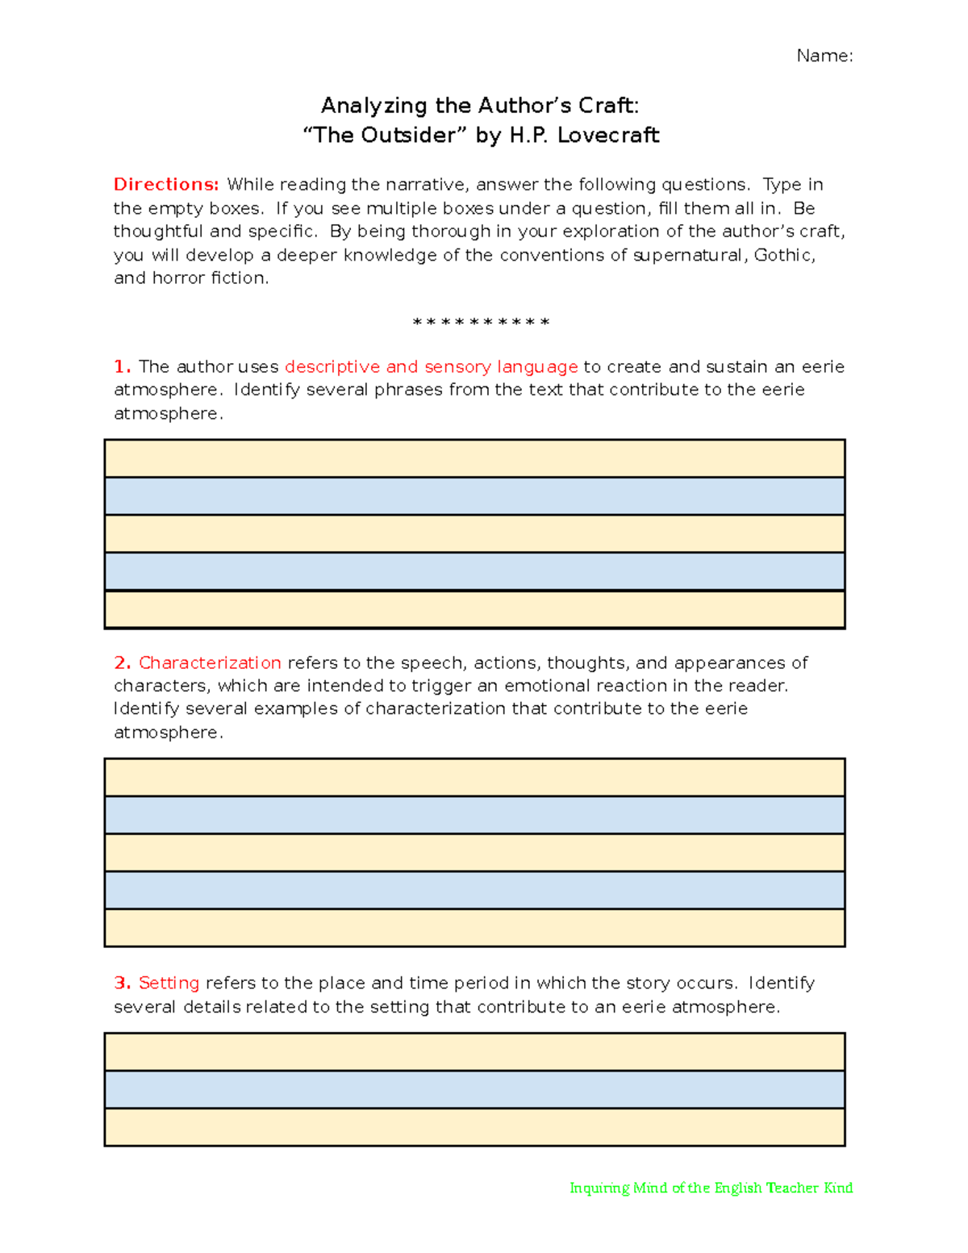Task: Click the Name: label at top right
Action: (x=824, y=56)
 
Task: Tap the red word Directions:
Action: (x=166, y=185)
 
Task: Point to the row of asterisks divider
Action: (x=481, y=323)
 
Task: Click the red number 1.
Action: (x=122, y=366)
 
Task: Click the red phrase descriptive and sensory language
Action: (x=431, y=366)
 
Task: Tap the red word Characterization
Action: (x=210, y=662)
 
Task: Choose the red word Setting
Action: (x=169, y=983)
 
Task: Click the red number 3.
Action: (x=122, y=983)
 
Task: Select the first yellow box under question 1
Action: (x=474, y=458)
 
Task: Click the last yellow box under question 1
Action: (x=474, y=609)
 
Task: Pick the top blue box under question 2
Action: (x=474, y=815)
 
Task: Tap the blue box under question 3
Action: (x=474, y=1089)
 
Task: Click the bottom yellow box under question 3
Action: (x=474, y=1127)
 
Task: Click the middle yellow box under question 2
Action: (x=474, y=852)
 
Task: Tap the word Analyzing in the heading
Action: (x=373, y=106)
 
